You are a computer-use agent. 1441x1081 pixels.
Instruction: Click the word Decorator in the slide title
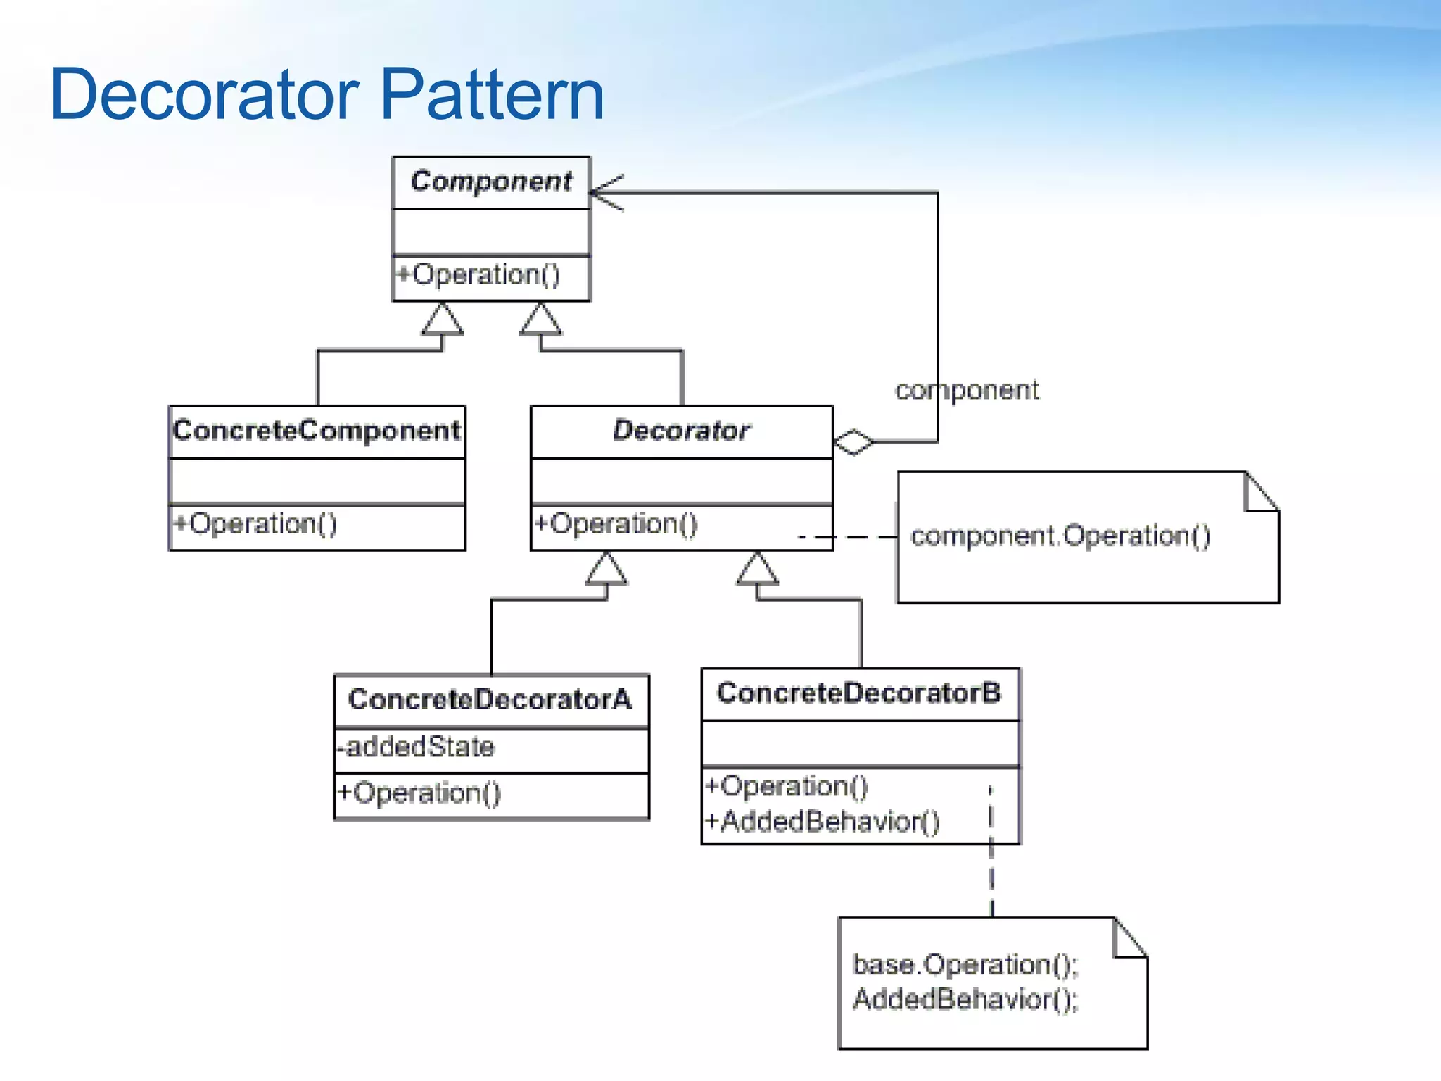point(205,95)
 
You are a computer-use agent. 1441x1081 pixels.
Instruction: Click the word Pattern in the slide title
point(493,95)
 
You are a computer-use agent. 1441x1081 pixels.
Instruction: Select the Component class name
point(491,182)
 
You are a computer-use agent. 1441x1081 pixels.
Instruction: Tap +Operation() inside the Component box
point(478,274)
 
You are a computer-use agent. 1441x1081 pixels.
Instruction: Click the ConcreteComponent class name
point(317,431)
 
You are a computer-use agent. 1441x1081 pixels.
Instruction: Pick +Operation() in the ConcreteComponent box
point(255,524)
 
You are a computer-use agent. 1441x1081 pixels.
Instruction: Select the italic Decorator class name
point(681,431)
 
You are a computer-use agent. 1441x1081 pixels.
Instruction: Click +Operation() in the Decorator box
point(616,524)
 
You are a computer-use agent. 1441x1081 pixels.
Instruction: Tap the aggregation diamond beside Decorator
point(853,442)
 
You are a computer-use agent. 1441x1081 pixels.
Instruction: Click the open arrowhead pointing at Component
point(604,192)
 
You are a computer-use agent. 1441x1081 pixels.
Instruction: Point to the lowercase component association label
point(967,391)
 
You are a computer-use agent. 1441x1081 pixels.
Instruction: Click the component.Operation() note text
point(1060,536)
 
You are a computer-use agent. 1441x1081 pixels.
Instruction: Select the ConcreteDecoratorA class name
point(490,700)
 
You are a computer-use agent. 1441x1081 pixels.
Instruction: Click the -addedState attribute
point(416,747)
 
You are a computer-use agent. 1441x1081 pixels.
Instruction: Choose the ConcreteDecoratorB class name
point(858,693)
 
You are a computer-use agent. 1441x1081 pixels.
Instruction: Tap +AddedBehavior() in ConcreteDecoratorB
point(823,821)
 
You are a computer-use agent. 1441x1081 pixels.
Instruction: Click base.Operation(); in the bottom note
point(965,965)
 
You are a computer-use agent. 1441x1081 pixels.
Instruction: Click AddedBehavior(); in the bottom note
point(965,999)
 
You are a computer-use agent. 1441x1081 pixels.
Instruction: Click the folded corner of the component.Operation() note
point(1259,493)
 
